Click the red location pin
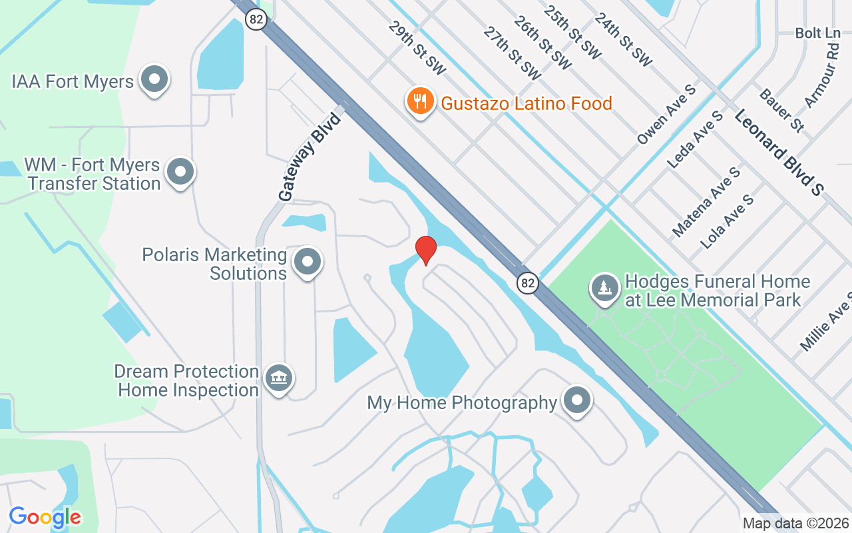pos(426,249)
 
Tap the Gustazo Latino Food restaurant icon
pos(420,101)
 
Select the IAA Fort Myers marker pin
pos(155,79)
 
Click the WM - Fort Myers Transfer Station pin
pos(180,172)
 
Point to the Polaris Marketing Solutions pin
pos(308,262)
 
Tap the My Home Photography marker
pos(577,400)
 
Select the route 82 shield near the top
pos(256,19)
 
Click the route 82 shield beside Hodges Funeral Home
pos(527,283)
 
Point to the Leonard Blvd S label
pos(779,153)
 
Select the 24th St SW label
pos(623,39)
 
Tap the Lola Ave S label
pos(728,222)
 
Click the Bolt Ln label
pos(818,33)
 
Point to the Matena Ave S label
pos(706,202)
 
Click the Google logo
pos(45,516)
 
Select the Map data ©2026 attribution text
pos(795,524)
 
